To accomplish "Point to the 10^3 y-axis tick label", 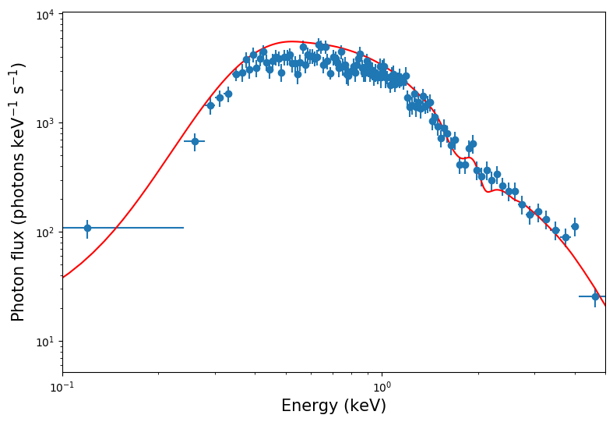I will point(44,123).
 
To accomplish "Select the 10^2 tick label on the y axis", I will point(44,232).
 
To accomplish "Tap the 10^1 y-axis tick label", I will point(44,342).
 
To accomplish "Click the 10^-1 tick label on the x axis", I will point(62,388).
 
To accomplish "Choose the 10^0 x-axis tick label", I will point(382,388).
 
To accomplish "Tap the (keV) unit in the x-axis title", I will point(365,406).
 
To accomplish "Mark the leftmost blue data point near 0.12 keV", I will point(87,228).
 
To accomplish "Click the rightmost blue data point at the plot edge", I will point(595,296).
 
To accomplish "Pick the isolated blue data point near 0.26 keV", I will point(195,141).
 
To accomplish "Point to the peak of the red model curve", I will point(291,41).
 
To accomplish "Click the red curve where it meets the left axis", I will point(63,277).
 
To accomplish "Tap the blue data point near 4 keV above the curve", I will point(575,226).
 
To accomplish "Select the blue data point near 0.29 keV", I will point(210,105).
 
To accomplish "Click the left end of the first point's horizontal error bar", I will point(63,228).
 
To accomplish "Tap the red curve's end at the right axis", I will point(604,305).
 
